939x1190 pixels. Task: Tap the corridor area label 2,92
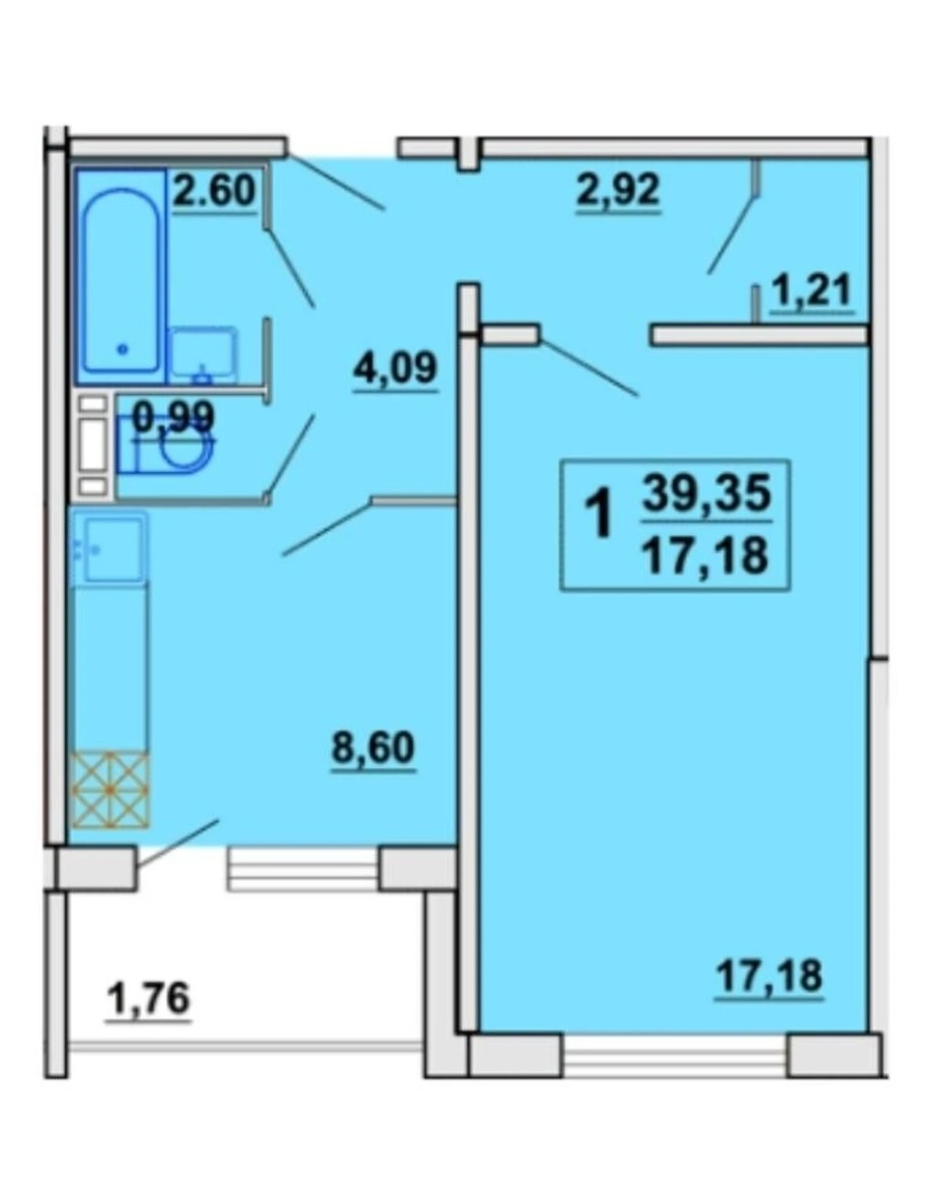(x=617, y=191)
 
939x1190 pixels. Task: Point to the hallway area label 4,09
(x=395, y=368)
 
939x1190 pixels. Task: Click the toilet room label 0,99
(x=173, y=417)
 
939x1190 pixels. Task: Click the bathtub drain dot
(x=123, y=349)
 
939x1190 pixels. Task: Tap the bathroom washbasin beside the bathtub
(x=203, y=354)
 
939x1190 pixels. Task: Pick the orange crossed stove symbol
(x=111, y=790)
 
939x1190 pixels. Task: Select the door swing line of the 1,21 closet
(x=732, y=233)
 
